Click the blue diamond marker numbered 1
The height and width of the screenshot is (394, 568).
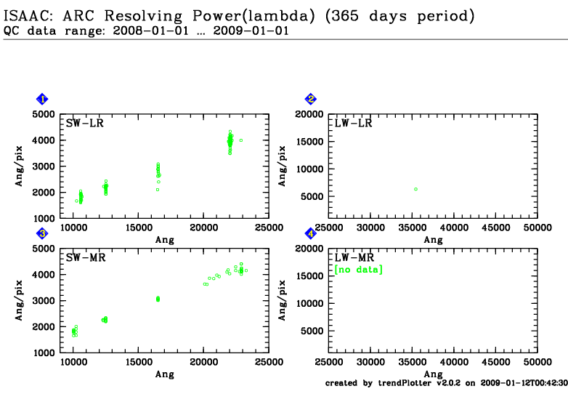pos(43,100)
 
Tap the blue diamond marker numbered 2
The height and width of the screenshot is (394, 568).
pos(311,100)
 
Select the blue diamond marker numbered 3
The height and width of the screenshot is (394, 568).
pos(43,233)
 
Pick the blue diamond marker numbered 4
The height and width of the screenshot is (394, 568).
pos(311,233)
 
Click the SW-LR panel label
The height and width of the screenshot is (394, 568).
pos(84,124)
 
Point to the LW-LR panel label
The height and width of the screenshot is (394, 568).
pos(353,124)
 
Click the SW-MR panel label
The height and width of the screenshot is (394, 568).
pos(84,257)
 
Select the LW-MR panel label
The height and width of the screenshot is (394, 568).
pos(353,257)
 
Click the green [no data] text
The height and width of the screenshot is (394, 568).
pos(358,270)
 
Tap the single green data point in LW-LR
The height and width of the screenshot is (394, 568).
pos(415,189)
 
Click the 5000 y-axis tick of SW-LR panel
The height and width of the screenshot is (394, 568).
pos(45,114)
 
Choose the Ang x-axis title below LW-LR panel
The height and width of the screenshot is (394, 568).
pos(433,240)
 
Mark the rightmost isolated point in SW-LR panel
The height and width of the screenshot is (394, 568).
pos(240,140)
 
